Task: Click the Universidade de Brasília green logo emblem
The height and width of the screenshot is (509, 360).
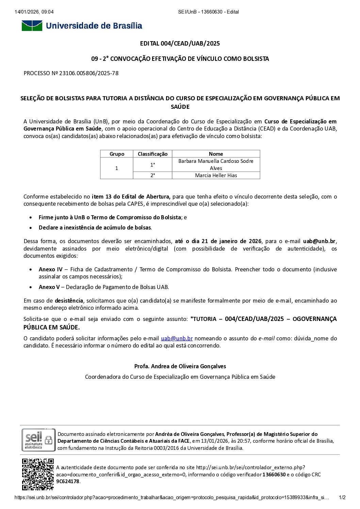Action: (32, 26)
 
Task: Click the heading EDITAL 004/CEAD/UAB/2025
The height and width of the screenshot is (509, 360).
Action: (180, 44)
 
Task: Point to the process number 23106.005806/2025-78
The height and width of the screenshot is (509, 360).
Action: (89, 73)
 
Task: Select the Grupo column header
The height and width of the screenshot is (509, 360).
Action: (117, 154)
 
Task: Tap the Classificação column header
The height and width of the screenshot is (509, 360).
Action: (152, 154)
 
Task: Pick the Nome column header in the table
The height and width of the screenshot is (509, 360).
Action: (216, 154)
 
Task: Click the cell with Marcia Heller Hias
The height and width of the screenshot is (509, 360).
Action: (216, 175)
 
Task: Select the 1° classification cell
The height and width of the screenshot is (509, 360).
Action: (152, 165)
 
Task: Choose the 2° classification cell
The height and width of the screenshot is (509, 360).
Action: (152, 175)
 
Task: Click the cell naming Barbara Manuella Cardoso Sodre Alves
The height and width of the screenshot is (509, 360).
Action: (216, 165)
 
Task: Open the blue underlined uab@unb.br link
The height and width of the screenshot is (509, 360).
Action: (177, 338)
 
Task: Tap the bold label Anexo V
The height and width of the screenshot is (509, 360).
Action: (49, 287)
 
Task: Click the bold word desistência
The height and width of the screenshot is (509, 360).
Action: (69, 301)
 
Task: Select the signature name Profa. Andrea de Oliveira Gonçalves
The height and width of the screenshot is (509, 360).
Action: (180, 366)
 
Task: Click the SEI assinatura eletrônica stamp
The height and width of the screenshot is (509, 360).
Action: (38, 440)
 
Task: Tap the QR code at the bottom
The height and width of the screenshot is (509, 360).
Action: (38, 474)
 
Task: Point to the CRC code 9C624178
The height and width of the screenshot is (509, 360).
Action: (68, 481)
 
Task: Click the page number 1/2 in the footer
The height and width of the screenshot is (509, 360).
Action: (342, 497)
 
